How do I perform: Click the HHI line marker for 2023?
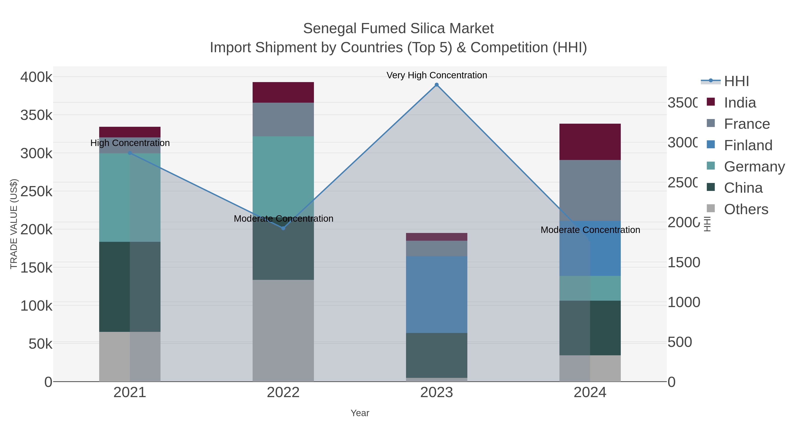[x=437, y=85]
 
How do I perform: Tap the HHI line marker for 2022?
[x=283, y=228]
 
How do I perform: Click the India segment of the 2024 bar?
[x=590, y=142]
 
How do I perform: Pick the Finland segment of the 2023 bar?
[x=437, y=294]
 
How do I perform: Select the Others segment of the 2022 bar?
[x=283, y=331]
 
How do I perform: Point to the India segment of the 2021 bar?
[x=130, y=132]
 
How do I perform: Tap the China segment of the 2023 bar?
[x=437, y=355]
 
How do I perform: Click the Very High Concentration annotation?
[x=437, y=75]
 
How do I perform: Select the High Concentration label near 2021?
[x=130, y=143]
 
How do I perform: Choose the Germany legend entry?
[x=754, y=167]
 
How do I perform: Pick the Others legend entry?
[x=746, y=209]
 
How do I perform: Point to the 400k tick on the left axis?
[x=36, y=77]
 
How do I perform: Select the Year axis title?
[x=360, y=413]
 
